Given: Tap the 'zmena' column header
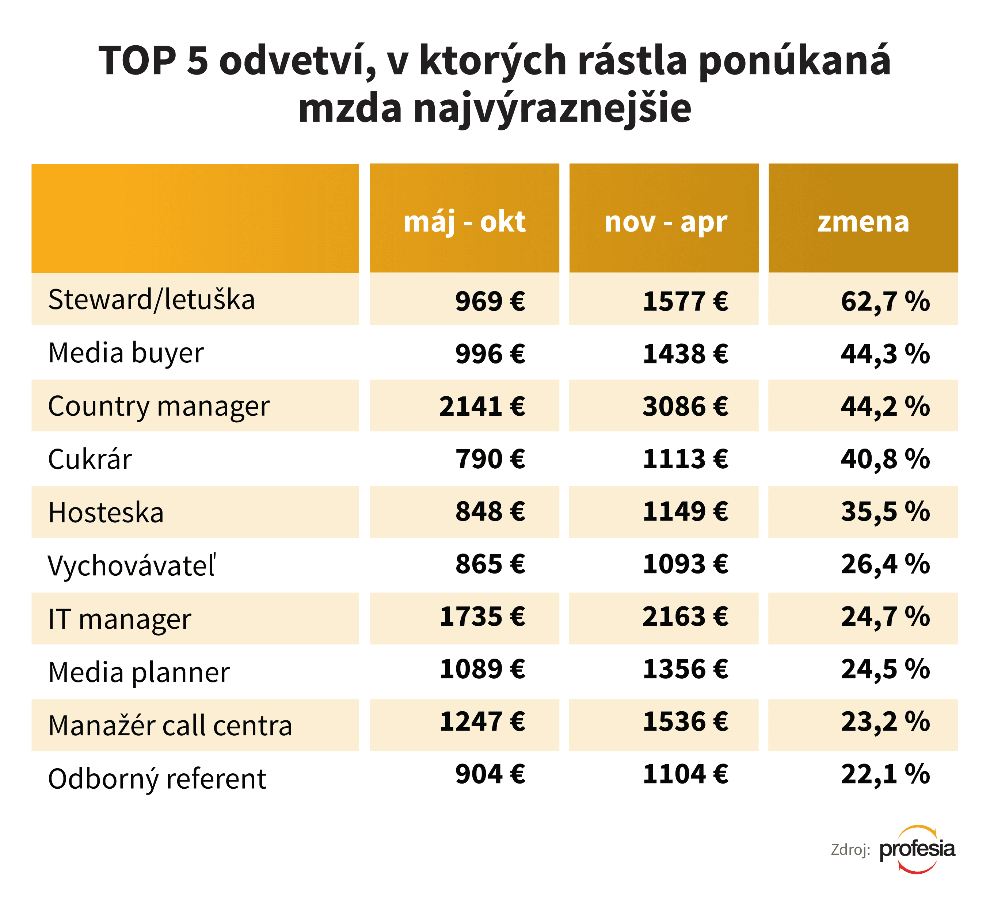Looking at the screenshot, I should (x=863, y=222).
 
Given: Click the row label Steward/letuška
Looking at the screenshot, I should (x=152, y=300).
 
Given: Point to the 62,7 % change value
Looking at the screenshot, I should (x=885, y=301).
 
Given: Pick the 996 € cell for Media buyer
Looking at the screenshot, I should (x=490, y=354).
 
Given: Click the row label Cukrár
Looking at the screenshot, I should (x=90, y=459).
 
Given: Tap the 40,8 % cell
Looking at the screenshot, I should (x=885, y=459).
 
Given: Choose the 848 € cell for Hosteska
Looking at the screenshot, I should (x=490, y=512).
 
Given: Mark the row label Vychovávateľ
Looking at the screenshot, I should (x=132, y=565).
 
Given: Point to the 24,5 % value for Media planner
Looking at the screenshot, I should (x=885, y=669).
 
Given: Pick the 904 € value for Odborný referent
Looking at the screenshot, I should (x=490, y=774).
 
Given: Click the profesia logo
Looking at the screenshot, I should (x=917, y=849).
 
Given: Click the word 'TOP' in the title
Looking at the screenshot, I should (x=137, y=61).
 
